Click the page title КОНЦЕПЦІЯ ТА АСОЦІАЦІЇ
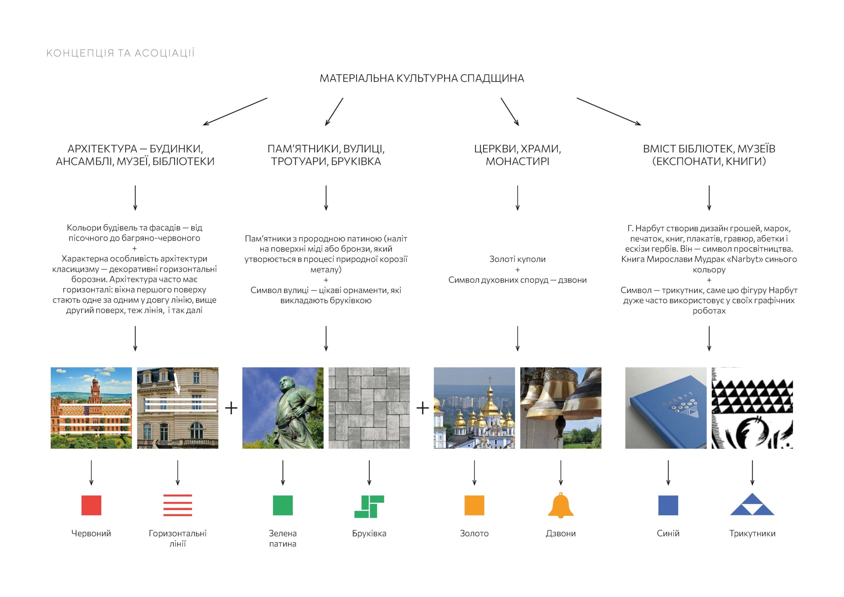pyautogui.click(x=120, y=53)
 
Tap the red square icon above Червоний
pyautogui.click(x=91, y=505)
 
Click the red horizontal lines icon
pyautogui.click(x=178, y=505)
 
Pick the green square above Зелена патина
pyautogui.click(x=283, y=505)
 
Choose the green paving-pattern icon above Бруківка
pyautogui.click(x=369, y=506)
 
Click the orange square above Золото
pyautogui.click(x=474, y=505)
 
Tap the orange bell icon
pyautogui.click(x=560, y=505)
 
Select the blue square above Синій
pyautogui.click(x=668, y=505)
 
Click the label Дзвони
pyautogui.click(x=560, y=533)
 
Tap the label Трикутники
pyautogui.click(x=752, y=533)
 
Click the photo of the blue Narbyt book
pyautogui.click(x=666, y=408)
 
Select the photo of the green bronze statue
pyautogui.click(x=283, y=408)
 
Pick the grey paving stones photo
pyautogui.click(x=369, y=408)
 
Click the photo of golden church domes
pyautogui.click(x=474, y=408)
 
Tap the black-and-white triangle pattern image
pyautogui.click(x=752, y=408)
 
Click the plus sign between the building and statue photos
pyautogui.click(x=231, y=408)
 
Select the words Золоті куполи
pyautogui.click(x=517, y=259)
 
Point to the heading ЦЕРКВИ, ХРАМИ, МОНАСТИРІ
pyautogui.click(x=517, y=155)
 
